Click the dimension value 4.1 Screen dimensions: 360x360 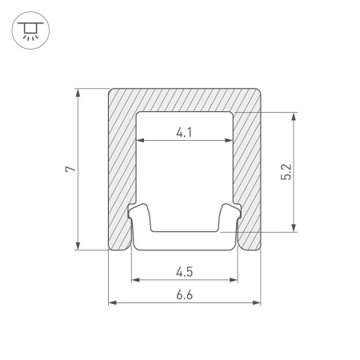tap(184, 132)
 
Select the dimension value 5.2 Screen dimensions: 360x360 tap(286, 172)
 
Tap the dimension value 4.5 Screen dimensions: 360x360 tap(184, 272)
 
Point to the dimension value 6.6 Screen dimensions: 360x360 tap(184, 295)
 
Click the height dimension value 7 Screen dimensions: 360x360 tap(70, 169)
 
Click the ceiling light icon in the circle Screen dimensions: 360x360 tap(30, 30)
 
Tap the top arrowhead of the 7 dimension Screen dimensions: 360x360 tap(78, 92)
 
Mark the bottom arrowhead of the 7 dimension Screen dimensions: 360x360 tap(78, 246)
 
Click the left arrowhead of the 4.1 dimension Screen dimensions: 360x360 tap(140, 140)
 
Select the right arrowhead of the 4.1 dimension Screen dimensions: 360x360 tap(229, 140)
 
